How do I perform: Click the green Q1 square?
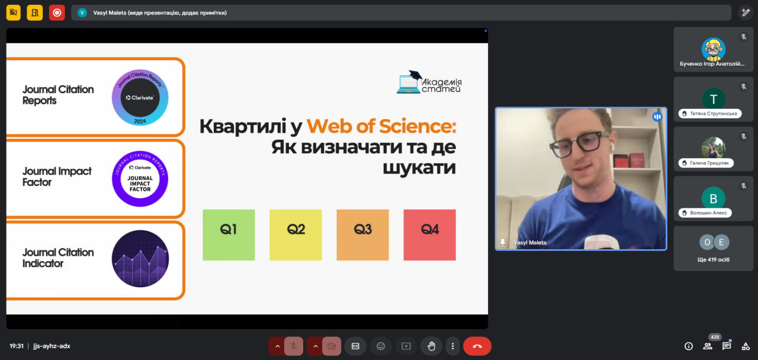[x=229, y=235]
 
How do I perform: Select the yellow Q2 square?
[x=296, y=235]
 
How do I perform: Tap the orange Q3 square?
[x=363, y=235]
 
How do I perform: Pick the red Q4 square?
[x=430, y=235]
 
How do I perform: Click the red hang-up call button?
[x=477, y=346]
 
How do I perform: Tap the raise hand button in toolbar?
[x=431, y=346]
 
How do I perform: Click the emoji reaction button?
[x=381, y=346]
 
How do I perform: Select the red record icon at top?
[x=57, y=13]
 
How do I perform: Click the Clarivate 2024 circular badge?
[x=140, y=98]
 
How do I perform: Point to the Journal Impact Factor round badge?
[x=140, y=179]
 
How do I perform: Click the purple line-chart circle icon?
[x=140, y=259]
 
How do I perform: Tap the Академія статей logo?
[x=429, y=82]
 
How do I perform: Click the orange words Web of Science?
[x=381, y=126]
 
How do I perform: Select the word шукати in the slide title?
[x=419, y=168]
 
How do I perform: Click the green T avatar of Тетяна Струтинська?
[x=714, y=99]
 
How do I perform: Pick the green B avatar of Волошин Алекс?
[x=714, y=198]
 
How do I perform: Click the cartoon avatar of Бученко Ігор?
[x=714, y=49]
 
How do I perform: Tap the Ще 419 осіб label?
[x=714, y=259]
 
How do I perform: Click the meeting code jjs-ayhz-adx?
[x=52, y=346]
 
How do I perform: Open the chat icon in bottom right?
[x=727, y=346]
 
